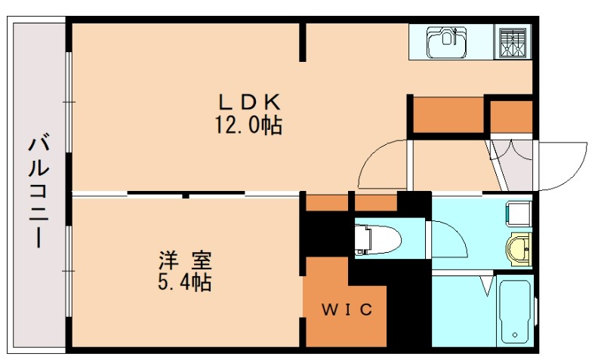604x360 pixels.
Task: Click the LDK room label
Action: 250,103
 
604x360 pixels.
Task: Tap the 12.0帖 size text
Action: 248,125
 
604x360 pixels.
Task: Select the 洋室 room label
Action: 185,260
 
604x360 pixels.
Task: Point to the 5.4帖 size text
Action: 184,282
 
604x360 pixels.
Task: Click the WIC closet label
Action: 347,309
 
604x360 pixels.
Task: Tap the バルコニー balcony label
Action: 39,190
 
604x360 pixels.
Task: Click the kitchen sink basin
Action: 446,42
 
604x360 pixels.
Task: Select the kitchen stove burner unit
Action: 513,42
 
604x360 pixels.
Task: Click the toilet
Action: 377,240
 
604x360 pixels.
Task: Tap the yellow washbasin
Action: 519,249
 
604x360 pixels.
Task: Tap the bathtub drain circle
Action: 515,335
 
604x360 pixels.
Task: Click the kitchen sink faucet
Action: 455,35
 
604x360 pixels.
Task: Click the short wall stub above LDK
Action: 303,42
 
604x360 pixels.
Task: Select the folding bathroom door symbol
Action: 487,286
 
